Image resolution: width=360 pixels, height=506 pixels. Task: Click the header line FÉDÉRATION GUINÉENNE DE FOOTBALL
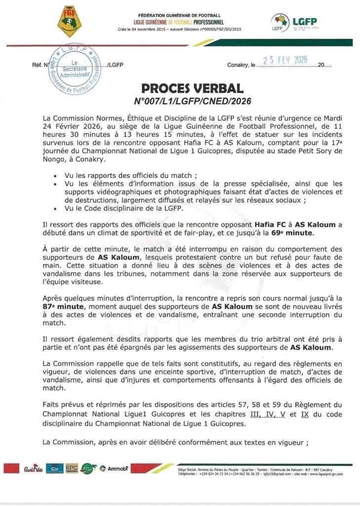(179, 16)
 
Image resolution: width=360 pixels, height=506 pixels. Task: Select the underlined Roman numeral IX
(304, 414)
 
